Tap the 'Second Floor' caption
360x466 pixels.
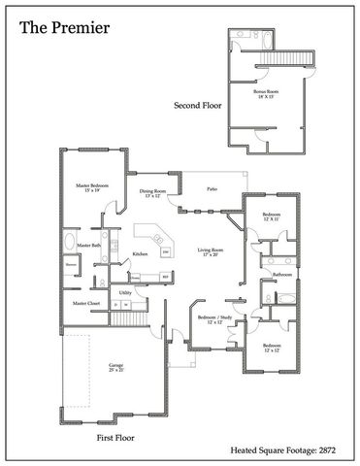click(x=197, y=104)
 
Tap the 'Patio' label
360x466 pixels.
click(x=211, y=189)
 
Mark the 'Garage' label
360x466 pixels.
click(x=115, y=366)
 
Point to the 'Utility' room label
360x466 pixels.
click(x=125, y=291)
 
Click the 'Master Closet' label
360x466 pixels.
click(x=87, y=304)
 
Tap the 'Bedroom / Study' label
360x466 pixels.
click(x=212, y=318)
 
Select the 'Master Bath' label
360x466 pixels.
click(x=89, y=246)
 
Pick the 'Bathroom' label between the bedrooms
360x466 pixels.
click(x=282, y=275)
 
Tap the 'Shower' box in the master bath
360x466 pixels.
click(x=71, y=264)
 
